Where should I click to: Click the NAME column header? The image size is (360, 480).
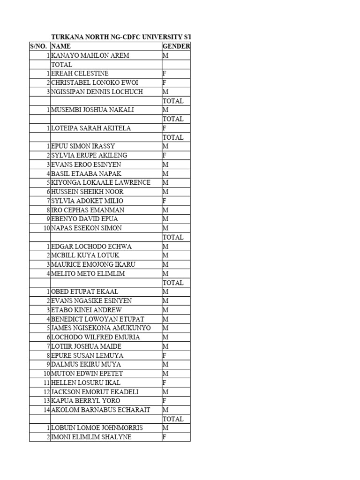coord(60,46)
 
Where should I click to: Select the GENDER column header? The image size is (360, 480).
coord(176,46)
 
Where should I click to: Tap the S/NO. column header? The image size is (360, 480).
coord(39,46)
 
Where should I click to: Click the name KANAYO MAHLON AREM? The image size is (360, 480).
coord(90,55)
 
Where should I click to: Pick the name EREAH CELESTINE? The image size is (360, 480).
coord(80,74)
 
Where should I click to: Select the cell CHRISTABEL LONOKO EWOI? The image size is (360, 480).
coord(95,82)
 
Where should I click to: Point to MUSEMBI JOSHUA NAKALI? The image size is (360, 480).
coord(92,110)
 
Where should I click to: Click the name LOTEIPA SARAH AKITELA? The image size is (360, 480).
coord(91,128)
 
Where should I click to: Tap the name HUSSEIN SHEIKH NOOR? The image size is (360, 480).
coord(87,192)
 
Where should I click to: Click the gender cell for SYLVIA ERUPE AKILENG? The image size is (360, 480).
coord(165,155)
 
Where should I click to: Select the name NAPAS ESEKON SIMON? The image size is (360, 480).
coord(86,228)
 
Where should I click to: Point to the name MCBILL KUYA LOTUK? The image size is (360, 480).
coord(85,255)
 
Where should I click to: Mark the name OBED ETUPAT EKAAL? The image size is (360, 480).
coord(84,292)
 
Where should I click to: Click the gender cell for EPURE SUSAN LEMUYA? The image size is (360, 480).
coord(165,355)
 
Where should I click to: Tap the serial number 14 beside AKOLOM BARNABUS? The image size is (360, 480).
coord(46,410)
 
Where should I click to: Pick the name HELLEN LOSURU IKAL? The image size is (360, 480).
coord(86,382)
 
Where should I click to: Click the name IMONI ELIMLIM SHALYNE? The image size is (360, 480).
coord(91,437)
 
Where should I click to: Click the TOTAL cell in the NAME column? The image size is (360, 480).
coord(61,65)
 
